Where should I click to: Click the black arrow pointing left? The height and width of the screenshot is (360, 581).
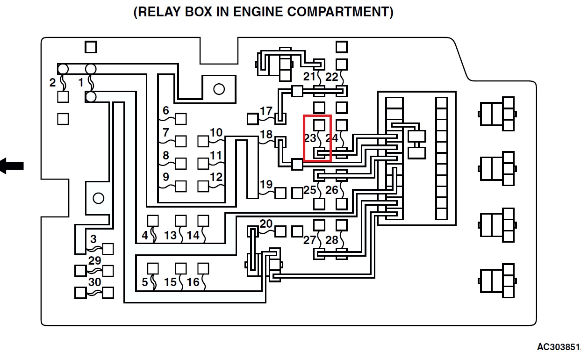coord(12,165)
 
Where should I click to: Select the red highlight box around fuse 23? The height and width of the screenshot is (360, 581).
coord(317,138)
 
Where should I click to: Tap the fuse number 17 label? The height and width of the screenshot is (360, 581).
coord(266,111)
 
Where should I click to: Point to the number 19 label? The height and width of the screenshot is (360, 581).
coord(266,184)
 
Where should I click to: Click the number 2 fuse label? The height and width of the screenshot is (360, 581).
coord(52,83)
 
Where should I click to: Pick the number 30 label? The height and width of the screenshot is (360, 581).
coord(95,282)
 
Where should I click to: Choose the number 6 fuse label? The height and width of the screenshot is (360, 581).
coord(166,111)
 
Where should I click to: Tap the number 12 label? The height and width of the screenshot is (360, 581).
coord(216,177)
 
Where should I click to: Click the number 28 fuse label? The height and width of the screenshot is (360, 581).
coord(332,240)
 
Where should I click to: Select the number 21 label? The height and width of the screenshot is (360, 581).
coord(309,77)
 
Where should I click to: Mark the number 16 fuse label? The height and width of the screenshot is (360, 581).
coord(193,282)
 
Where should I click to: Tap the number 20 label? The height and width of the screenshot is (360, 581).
coord(266,224)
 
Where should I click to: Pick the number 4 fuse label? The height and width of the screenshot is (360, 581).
coord(145,236)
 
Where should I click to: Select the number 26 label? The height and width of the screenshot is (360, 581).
coord(332,190)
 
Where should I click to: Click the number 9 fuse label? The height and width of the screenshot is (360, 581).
coord(166,177)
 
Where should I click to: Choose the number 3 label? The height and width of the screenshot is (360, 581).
coord(93,239)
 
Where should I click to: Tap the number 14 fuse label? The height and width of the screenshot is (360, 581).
coord(193,236)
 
